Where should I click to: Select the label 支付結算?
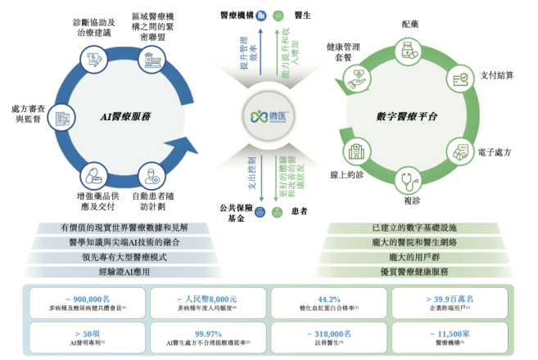497,75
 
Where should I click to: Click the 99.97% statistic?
206,333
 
